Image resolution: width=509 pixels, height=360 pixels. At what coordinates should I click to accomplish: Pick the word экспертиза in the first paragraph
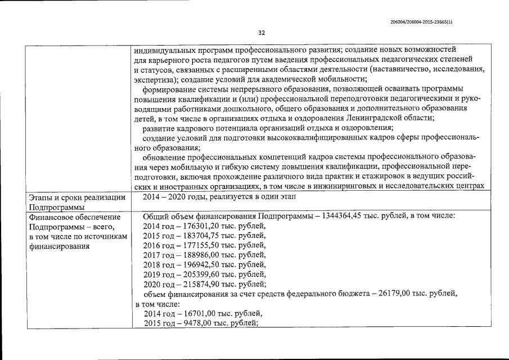[154, 79]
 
